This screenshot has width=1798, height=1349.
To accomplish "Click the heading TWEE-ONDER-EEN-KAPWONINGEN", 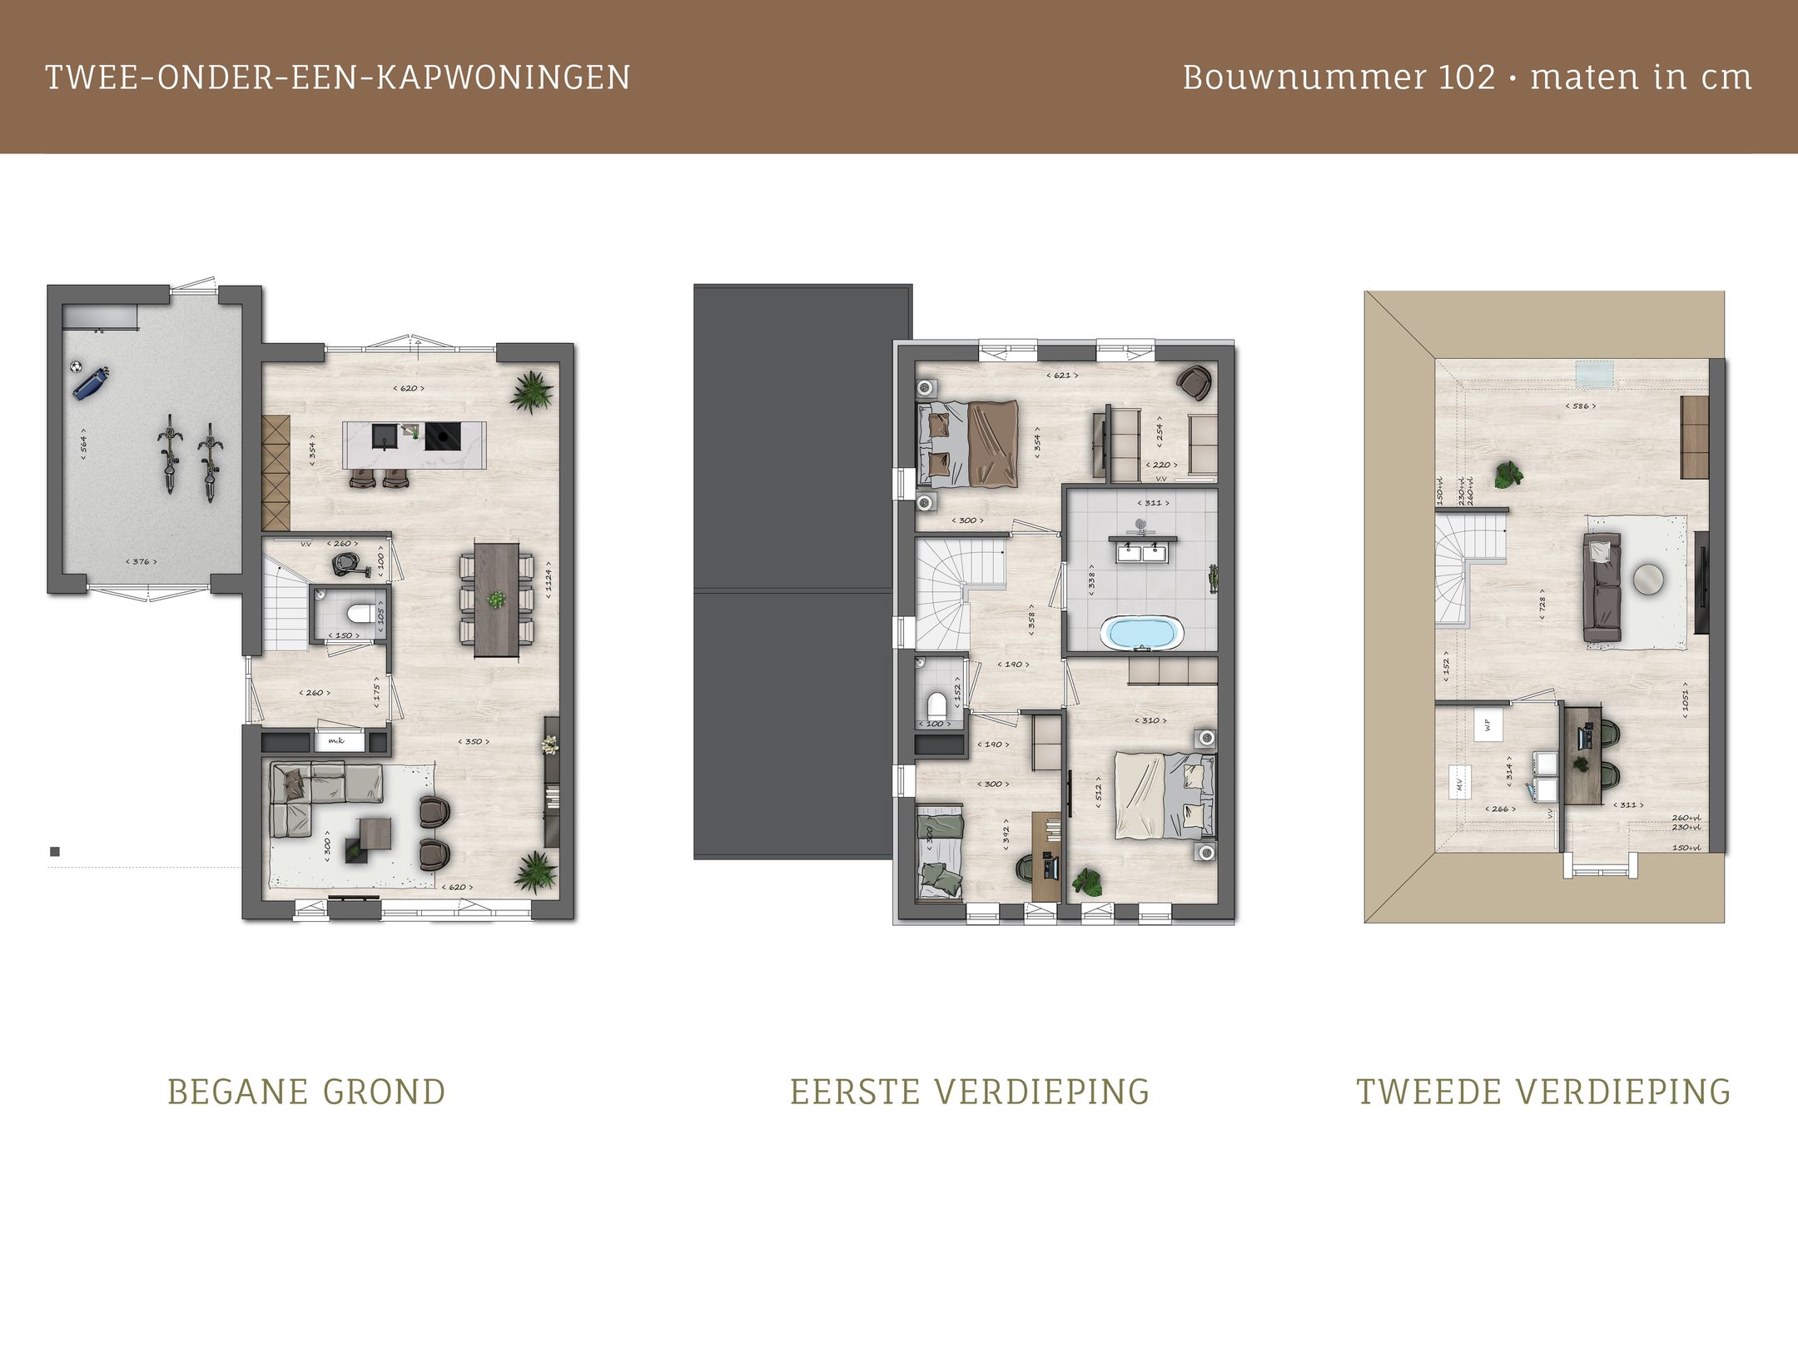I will [x=337, y=77].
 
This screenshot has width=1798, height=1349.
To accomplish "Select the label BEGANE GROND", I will [x=306, y=1092].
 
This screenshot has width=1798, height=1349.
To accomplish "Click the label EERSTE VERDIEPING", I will [x=970, y=1092].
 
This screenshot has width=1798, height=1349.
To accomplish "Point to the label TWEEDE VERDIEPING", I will [x=1543, y=1092].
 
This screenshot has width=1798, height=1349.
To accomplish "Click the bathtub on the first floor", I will [x=1142, y=633].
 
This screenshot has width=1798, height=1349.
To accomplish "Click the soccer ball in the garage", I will [x=76, y=366].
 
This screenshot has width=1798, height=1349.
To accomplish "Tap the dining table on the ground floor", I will [x=496, y=600].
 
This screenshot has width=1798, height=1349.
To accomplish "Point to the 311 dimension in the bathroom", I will [x=1152, y=503].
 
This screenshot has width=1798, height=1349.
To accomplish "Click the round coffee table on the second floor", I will [x=1648, y=579].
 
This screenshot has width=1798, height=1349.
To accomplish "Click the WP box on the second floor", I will [x=1488, y=724].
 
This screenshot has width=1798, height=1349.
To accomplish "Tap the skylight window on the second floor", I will [x=1597, y=374].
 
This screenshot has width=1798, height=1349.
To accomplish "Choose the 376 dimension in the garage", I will [x=141, y=561].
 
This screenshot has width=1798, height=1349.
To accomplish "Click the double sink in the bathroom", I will [x=1142, y=550].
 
